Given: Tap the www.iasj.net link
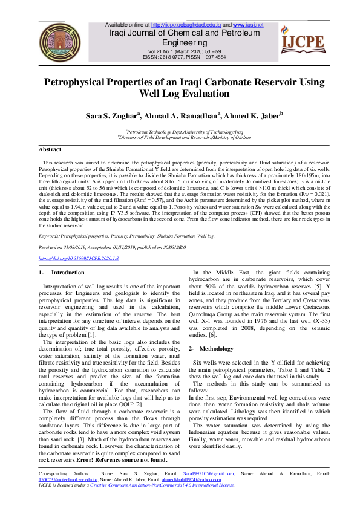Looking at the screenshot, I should (x=248, y=25).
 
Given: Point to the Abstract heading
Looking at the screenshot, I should (x=50, y=149).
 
